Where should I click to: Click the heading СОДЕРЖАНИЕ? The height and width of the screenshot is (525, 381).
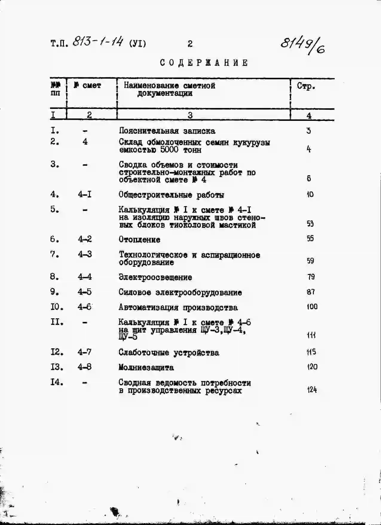point(204,63)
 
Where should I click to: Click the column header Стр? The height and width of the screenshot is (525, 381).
point(306,86)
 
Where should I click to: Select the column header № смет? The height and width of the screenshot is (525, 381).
point(88,86)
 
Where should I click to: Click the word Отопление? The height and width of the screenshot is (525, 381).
point(139,240)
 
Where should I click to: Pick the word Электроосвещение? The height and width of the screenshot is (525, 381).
point(155,277)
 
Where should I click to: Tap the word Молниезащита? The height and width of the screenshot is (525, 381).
point(146,367)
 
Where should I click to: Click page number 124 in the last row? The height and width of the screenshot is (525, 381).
point(312,390)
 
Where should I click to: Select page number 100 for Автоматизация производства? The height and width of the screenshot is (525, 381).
point(312,307)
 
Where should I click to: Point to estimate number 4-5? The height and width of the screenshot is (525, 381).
point(85,292)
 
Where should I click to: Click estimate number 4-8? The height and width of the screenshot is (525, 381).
point(85,367)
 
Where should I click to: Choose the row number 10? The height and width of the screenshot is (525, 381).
point(56,307)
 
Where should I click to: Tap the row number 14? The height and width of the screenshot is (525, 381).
point(56,382)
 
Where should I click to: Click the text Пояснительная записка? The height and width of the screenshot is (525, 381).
point(167,131)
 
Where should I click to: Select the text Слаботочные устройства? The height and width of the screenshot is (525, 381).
point(169,353)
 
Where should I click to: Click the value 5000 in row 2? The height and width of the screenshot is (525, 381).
point(169,150)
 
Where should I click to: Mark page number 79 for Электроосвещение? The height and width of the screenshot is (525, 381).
point(311,277)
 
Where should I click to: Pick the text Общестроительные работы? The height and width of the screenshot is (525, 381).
point(171,195)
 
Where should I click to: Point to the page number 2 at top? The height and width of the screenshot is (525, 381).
point(190,44)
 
